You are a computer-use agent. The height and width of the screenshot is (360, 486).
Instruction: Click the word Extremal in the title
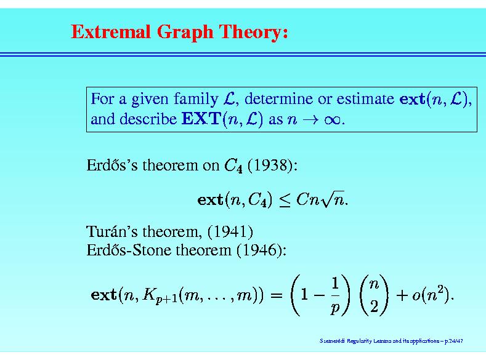(111, 31)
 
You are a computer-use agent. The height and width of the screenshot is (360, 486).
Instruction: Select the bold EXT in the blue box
(201, 119)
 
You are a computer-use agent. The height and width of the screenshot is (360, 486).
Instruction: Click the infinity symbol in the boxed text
(332, 119)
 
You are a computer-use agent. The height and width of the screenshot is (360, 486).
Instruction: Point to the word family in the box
(196, 99)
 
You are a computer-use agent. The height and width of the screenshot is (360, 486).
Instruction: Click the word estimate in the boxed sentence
(365, 98)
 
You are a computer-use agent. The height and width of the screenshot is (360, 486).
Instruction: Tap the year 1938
(270, 165)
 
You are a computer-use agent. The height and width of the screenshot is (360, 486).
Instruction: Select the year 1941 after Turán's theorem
(230, 231)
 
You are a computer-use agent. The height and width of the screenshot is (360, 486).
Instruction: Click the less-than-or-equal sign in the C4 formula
(285, 200)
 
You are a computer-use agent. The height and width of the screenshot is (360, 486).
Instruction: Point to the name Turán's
(111, 231)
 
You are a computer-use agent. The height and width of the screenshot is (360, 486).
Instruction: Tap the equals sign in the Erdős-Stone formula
(276, 294)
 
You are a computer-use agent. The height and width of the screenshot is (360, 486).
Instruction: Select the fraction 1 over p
(335, 295)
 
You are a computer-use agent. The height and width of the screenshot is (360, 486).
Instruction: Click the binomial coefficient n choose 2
(374, 295)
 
